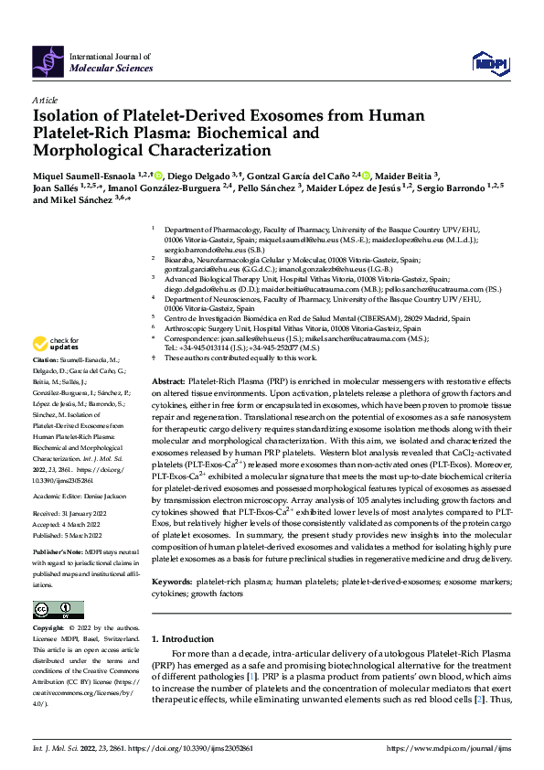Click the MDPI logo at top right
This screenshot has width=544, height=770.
pos(487,61)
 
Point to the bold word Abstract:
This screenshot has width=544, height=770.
pos(170,380)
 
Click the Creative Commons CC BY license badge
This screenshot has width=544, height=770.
pos(53,609)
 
